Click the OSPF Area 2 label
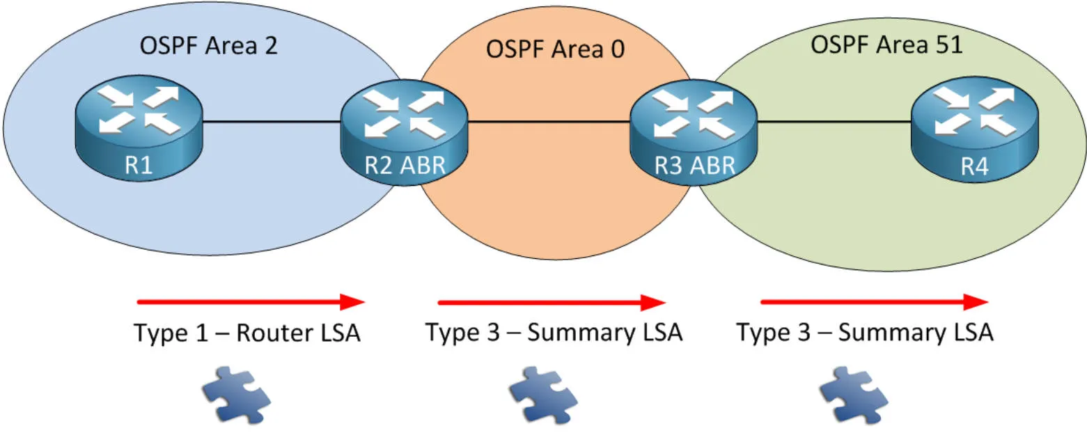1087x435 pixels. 209,46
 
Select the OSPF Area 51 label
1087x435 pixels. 886,45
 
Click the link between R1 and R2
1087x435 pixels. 272,122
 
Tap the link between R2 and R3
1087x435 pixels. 549,122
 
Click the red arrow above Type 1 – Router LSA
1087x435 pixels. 251,301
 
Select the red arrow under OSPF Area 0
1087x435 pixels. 552,302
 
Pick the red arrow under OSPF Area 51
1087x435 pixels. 874,302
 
